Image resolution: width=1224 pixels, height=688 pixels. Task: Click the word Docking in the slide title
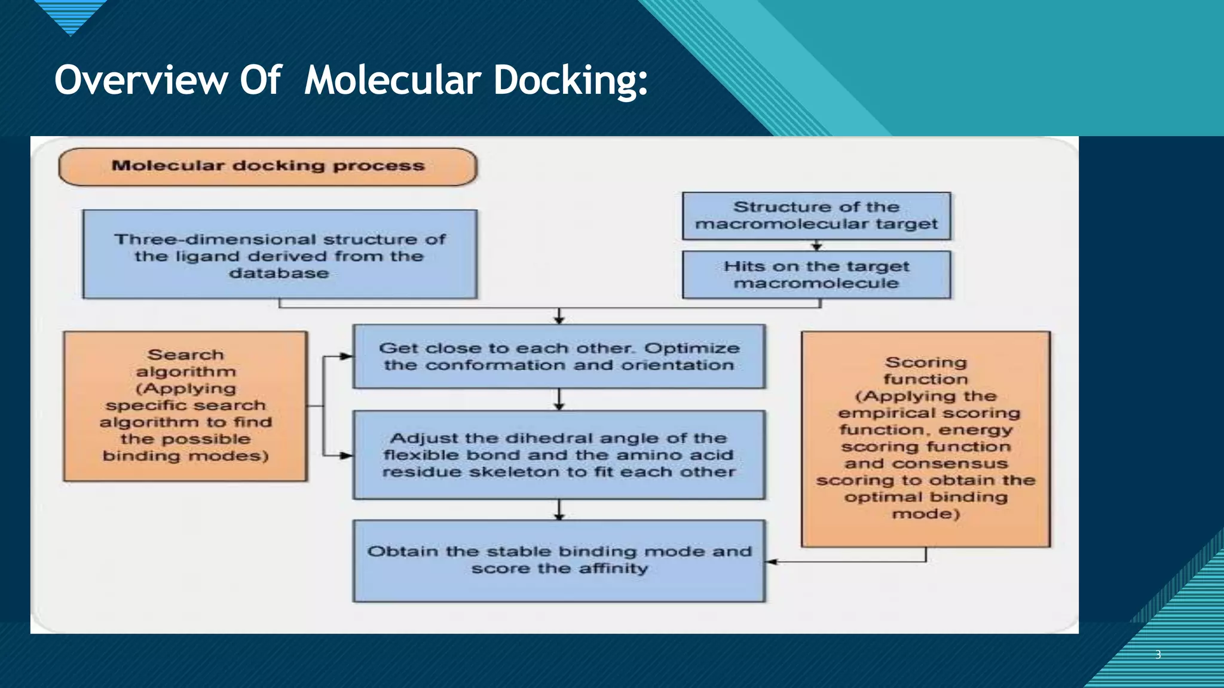[x=570, y=81]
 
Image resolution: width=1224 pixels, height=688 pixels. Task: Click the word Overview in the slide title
[x=140, y=81]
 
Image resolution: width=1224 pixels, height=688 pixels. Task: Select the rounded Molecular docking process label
[x=268, y=167]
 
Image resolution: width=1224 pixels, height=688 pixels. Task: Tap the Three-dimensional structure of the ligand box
[x=280, y=254]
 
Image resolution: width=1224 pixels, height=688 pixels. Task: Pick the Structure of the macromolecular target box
[x=816, y=216]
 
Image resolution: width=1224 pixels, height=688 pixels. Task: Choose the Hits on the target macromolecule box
[x=816, y=275]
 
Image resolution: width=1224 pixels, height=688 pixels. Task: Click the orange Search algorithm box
[x=185, y=406]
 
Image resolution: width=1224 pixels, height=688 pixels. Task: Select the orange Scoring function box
[x=925, y=439]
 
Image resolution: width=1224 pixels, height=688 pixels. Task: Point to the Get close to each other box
[x=559, y=357]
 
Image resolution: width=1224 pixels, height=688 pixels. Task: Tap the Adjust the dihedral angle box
[x=559, y=455]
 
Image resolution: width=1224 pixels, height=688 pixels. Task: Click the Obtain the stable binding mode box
[x=559, y=561]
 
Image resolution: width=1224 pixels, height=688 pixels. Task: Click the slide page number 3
[x=1158, y=655]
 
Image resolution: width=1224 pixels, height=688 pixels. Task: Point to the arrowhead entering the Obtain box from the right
[x=771, y=562]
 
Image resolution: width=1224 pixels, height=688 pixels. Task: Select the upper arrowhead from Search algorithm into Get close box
[x=346, y=357]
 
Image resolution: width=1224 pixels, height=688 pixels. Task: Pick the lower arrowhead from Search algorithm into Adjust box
[x=346, y=456]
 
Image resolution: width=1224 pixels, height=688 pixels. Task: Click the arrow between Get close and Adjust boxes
[x=559, y=400]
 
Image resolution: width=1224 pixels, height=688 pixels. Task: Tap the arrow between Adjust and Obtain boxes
[x=559, y=510]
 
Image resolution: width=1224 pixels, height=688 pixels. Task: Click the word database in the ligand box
[x=279, y=274]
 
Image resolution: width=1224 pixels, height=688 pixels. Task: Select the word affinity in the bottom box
[x=613, y=569]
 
